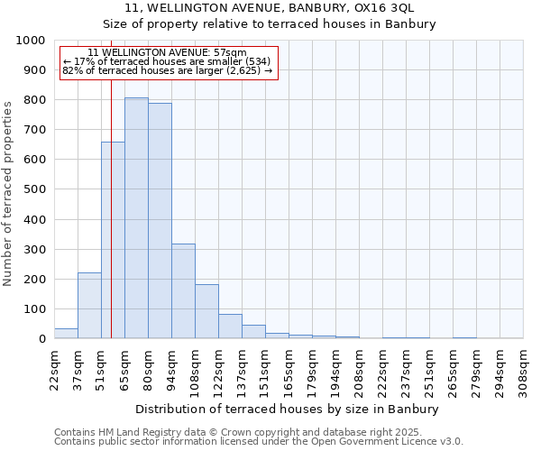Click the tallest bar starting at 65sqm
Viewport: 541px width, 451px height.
click(x=136, y=218)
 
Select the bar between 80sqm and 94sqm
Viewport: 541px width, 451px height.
click(x=160, y=221)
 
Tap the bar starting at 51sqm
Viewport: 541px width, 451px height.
click(x=113, y=240)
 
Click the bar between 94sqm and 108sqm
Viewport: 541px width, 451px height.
click(x=183, y=291)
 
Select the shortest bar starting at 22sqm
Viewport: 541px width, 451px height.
click(x=66, y=333)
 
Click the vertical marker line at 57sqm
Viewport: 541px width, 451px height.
click(x=111, y=207)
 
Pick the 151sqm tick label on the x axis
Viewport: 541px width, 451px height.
click(x=265, y=369)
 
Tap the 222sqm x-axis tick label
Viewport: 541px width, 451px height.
click(x=382, y=369)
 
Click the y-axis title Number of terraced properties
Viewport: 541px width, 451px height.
click(x=8, y=193)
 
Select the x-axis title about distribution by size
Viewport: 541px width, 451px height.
click(x=289, y=409)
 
